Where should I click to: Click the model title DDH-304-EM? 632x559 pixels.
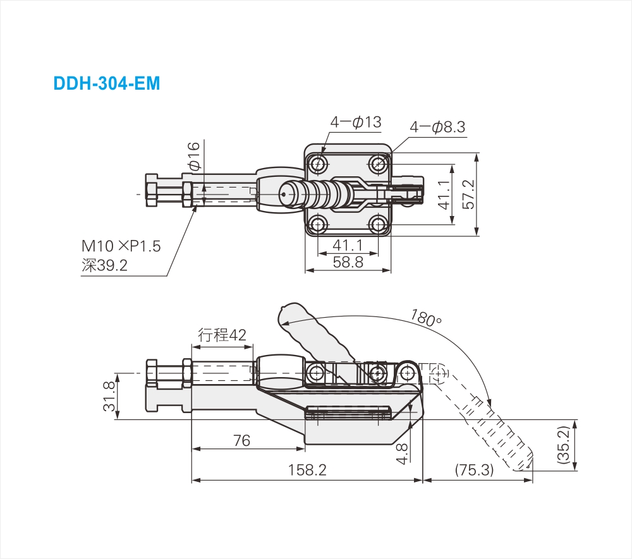(x=107, y=83)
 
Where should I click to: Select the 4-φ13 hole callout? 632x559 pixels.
(x=356, y=122)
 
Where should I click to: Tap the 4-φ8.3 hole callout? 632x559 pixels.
(x=437, y=127)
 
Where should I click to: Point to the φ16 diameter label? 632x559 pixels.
(x=193, y=155)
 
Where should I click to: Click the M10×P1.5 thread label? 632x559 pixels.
(x=121, y=246)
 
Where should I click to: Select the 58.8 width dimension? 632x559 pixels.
(x=348, y=261)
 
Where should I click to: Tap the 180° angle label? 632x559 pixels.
(x=425, y=318)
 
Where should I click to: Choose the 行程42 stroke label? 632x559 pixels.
(x=222, y=335)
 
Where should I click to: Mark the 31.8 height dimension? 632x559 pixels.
(x=109, y=396)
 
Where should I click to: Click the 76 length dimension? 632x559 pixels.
(x=242, y=440)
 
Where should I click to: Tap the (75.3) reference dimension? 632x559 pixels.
(x=473, y=471)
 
